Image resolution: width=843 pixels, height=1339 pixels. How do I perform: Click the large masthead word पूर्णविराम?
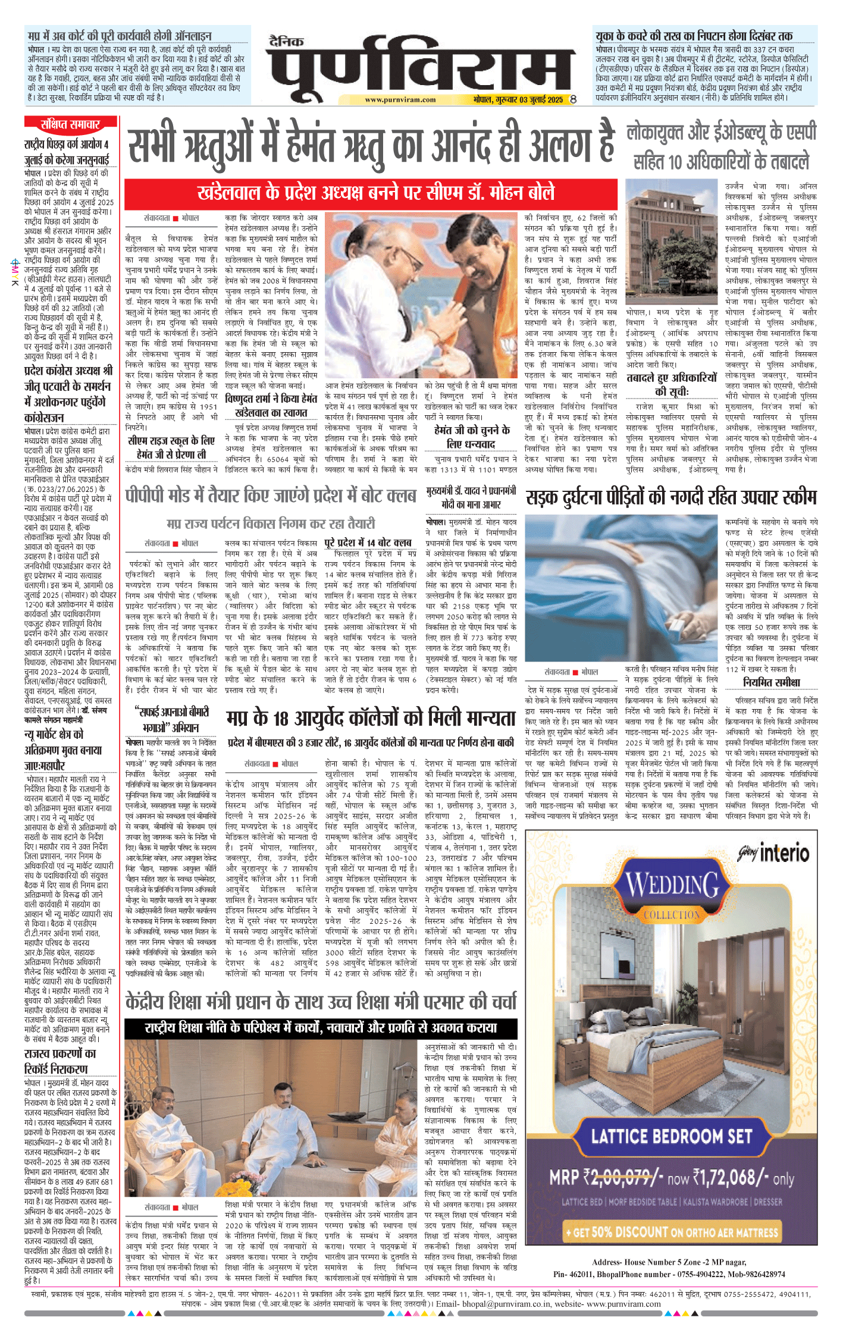420,70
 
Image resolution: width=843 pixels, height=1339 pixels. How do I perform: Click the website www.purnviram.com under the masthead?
400,100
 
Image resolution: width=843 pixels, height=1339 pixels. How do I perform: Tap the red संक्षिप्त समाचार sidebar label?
70,124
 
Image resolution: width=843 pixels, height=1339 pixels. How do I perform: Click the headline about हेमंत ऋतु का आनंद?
371,143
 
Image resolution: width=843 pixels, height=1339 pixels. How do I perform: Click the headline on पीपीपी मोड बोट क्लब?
271,495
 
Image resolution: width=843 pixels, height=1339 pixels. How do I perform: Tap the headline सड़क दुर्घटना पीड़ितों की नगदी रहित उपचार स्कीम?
671,497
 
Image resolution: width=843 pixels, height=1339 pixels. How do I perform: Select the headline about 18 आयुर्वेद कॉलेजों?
370,719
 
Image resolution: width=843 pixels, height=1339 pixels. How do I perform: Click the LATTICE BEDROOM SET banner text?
672,1136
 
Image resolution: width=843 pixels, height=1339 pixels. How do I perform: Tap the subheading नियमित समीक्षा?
771,682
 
